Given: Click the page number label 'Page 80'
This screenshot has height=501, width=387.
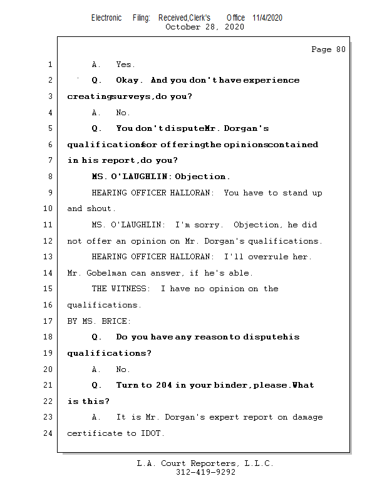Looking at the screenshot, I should (x=328, y=49).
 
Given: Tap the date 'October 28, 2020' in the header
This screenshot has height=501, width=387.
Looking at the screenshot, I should (x=204, y=27).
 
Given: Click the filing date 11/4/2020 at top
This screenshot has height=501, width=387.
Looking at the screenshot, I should (x=267, y=18).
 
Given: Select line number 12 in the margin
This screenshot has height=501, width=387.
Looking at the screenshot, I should (x=49, y=241).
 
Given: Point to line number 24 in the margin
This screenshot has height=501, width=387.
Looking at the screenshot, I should (x=49, y=433).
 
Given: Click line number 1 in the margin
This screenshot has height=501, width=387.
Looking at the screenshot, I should (x=49, y=65).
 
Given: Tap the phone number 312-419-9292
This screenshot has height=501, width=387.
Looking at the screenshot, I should (x=205, y=473).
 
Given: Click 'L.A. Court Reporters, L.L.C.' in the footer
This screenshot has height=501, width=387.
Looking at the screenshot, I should (x=205, y=463).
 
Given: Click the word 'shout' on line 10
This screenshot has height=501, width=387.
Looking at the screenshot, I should (x=100, y=209).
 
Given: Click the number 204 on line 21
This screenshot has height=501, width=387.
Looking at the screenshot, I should (x=164, y=385).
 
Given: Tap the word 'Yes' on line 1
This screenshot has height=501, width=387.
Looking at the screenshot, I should (x=125, y=65).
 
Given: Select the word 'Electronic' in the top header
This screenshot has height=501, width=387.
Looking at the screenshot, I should (x=106, y=18).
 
